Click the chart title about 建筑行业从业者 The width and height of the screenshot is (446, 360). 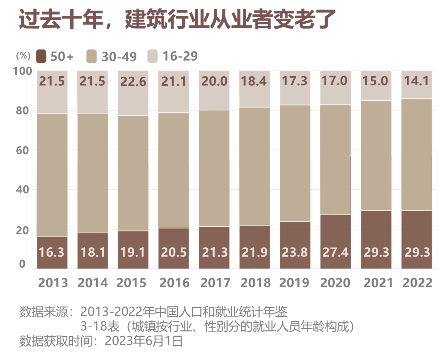(177, 19)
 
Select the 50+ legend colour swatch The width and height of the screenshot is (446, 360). (41, 56)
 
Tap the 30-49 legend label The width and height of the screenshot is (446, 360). (119, 56)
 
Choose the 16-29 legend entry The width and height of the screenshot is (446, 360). (180, 56)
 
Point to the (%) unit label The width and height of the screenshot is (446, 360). (23, 56)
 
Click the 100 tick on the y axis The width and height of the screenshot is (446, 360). (23, 71)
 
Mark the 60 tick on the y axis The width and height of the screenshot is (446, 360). (23, 150)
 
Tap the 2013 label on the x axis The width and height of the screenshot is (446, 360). (53, 283)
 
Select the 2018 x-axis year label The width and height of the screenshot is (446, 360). (255, 283)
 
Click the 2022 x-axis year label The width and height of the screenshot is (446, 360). (417, 283)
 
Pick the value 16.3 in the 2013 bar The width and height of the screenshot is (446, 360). (51, 252)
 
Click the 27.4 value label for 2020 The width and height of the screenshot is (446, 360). (335, 252)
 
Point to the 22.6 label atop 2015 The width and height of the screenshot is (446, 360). (133, 82)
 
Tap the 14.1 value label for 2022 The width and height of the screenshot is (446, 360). (416, 81)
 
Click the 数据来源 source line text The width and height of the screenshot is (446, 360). (153, 312)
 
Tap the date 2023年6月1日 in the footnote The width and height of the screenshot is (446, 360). (144, 341)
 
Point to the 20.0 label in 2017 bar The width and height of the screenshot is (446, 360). (214, 81)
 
